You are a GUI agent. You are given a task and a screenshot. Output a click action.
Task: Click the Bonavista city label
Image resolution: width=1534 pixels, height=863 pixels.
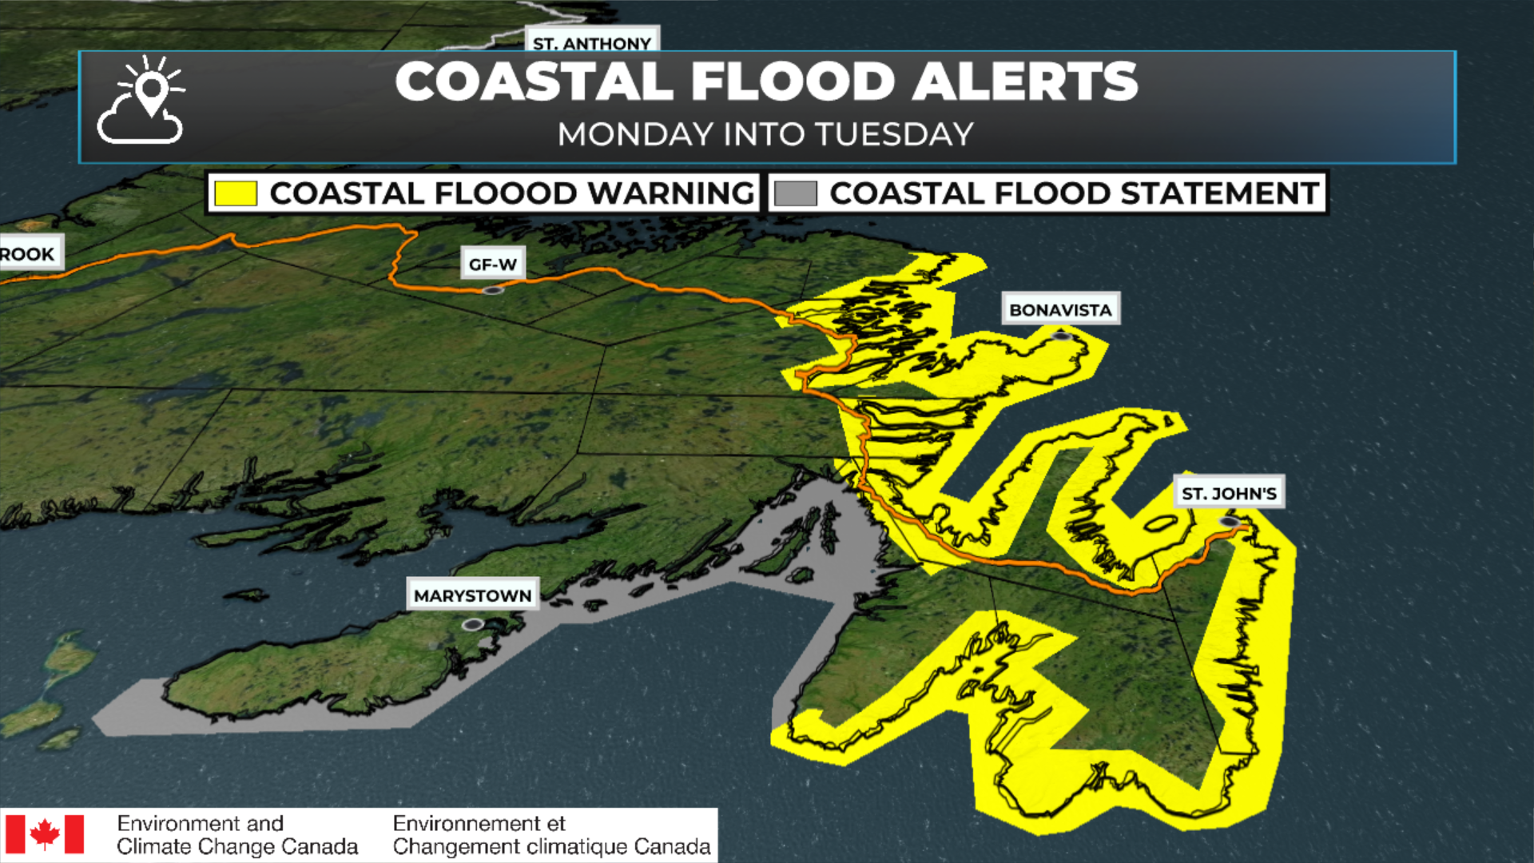pyautogui.click(x=1060, y=310)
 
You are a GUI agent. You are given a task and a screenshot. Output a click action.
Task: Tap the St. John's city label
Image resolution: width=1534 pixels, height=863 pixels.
pyautogui.click(x=1229, y=494)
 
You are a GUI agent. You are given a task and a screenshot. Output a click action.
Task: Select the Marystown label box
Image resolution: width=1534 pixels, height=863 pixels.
pyautogui.click(x=472, y=595)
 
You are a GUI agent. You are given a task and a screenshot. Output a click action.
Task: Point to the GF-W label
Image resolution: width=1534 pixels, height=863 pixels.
pyautogui.click(x=493, y=264)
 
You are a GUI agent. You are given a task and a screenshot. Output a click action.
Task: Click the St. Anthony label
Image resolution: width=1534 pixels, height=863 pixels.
pyautogui.click(x=592, y=43)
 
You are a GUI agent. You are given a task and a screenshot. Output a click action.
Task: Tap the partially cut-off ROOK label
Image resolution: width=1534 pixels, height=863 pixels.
pyautogui.click(x=29, y=254)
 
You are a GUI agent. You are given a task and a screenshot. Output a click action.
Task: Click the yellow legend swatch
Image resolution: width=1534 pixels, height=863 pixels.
pyautogui.click(x=236, y=193)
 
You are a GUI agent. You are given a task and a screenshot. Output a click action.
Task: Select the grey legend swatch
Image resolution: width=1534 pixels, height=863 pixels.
pyautogui.click(x=796, y=193)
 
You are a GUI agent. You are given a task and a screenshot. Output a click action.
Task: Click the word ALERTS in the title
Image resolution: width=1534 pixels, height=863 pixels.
pyautogui.click(x=1025, y=82)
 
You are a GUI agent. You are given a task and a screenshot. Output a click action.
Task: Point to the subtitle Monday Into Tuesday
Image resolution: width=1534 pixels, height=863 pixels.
pyautogui.click(x=765, y=134)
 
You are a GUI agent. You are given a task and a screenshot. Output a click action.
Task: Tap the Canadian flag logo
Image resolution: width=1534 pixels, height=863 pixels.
pyautogui.click(x=45, y=834)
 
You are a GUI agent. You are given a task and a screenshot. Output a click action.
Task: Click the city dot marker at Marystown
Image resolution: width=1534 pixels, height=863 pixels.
pyautogui.click(x=473, y=624)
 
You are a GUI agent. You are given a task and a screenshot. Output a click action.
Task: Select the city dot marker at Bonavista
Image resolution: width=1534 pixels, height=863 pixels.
pyautogui.click(x=1060, y=336)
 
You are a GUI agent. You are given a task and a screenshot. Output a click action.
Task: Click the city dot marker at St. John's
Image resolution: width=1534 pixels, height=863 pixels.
pyautogui.click(x=1230, y=522)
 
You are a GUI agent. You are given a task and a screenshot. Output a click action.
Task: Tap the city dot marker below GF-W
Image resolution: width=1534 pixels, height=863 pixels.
pyautogui.click(x=493, y=290)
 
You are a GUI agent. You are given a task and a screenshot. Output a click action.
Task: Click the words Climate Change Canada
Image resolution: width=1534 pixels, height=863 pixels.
pyautogui.click(x=237, y=846)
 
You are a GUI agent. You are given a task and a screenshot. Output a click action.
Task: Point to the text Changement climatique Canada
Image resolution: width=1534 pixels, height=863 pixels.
pyautogui.click(x=551, y=846)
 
